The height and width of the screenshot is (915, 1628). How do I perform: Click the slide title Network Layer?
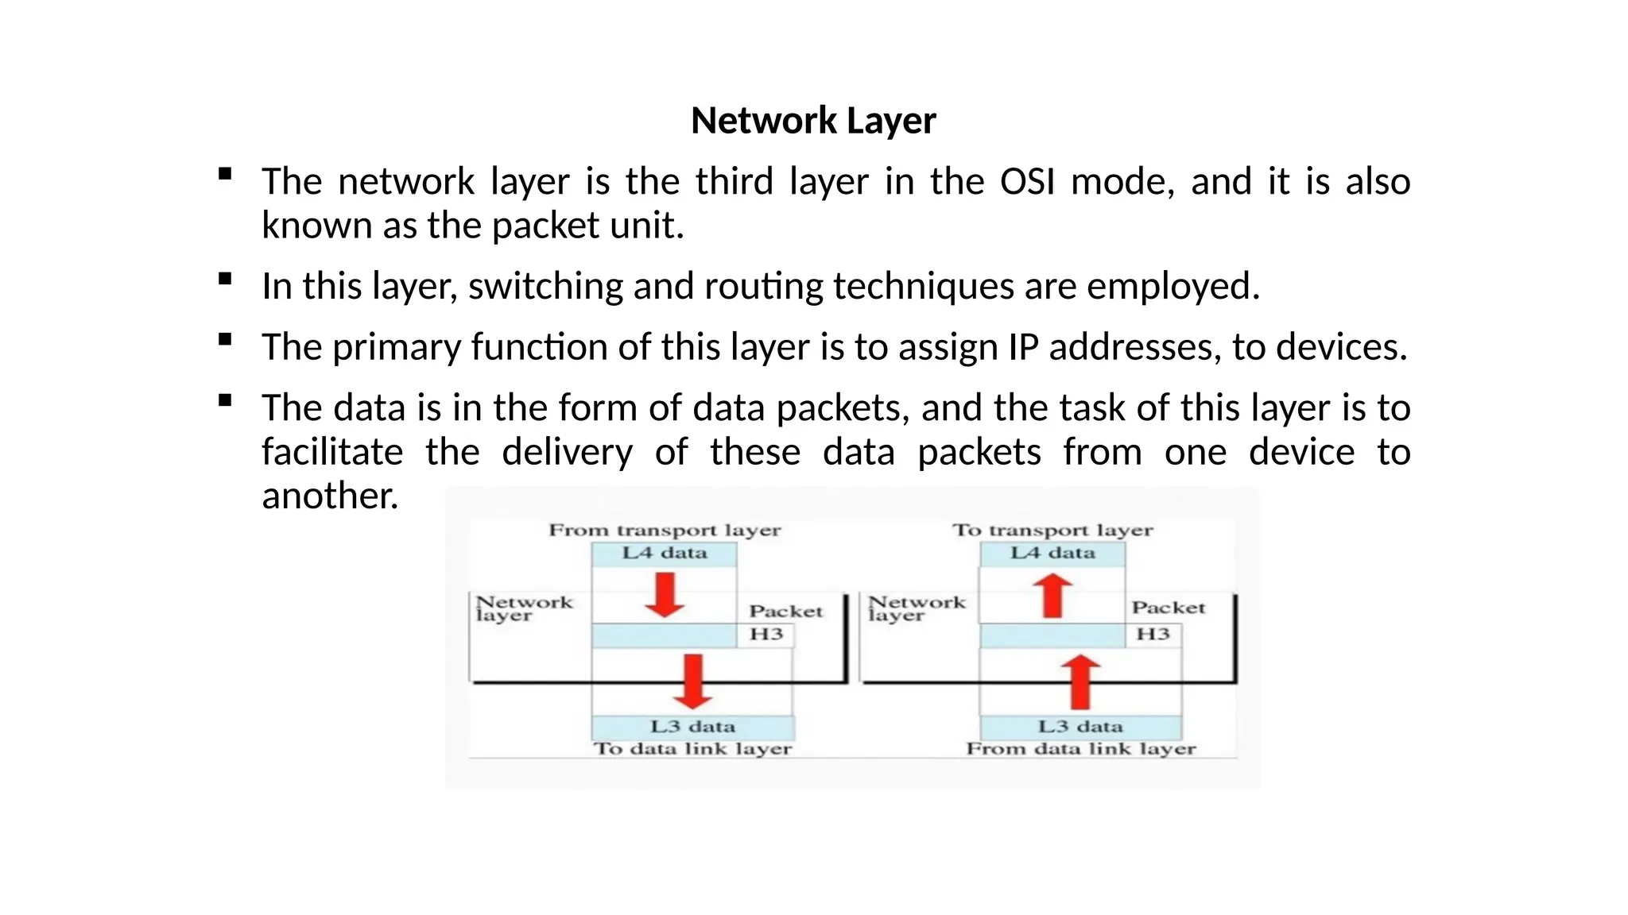tap(813, 121)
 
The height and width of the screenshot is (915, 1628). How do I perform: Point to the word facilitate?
tap(332, 452)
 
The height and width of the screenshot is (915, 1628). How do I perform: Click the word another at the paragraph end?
tap(329, 496)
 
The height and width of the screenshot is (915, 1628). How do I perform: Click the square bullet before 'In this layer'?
tap(225, 279)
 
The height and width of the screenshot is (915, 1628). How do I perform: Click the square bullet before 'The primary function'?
tap(225, 340)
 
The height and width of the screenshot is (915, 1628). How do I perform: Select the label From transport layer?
tap(665, 530)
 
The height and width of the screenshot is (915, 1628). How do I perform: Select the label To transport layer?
tap(1052, 530)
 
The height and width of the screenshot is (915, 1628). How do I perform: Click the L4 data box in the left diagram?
tap(665, 553)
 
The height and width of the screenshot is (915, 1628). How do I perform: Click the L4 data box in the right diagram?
tap(1052, 553)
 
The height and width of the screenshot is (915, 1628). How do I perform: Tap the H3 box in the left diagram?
tap(766, 635)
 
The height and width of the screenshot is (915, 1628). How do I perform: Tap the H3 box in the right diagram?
tap(1153, 635)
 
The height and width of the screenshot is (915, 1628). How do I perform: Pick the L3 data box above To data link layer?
tap(692, 727)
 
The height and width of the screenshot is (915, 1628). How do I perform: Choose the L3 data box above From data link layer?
tap(1080, 727)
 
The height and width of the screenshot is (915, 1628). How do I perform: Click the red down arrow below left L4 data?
tap(665, 595)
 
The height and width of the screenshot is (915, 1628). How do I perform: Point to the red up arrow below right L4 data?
tap(1052, 596)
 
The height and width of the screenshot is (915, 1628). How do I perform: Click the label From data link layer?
tap(1080, 749)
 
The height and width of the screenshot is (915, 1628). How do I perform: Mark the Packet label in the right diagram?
tap(1169, 608)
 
